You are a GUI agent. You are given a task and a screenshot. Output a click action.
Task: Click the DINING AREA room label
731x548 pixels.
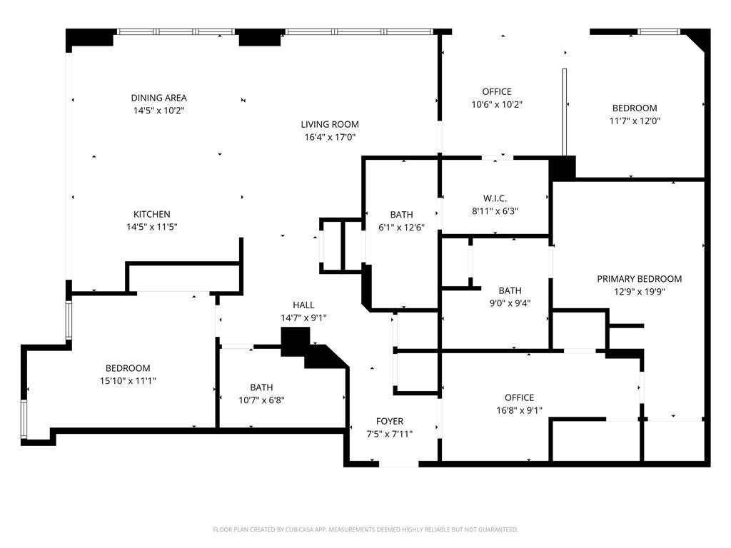click(158, 98)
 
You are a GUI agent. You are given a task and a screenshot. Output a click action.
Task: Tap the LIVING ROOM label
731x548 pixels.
click(329, 124)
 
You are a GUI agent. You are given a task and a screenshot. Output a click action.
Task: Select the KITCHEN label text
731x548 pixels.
click(152, 214)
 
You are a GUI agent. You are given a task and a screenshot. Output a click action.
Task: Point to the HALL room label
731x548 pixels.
click(303, 305)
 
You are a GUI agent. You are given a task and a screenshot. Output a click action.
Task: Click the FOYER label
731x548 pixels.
click(390, 421)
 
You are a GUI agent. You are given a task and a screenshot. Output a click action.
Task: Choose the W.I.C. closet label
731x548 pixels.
click(495, 198)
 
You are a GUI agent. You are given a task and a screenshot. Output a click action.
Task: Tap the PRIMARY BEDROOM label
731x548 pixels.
click(639, 279)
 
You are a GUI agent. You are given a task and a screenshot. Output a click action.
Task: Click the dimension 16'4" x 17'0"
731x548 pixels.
click(329, 137)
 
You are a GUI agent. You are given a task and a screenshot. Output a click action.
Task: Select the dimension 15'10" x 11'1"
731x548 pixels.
click(128, 381)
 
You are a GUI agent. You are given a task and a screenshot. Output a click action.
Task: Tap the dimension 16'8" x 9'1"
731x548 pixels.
click(519, 410)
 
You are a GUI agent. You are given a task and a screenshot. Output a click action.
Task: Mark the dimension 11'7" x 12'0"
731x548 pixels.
click(635, 121)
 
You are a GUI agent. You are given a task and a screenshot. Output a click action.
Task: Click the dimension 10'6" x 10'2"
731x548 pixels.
click(497, 104)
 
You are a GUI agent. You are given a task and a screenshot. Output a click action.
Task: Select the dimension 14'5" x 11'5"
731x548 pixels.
click(152, 227)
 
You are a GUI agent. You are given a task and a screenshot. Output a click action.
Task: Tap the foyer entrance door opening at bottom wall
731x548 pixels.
click(398, 465)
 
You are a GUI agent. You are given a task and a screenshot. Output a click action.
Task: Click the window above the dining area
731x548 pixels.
click(176, 31)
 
